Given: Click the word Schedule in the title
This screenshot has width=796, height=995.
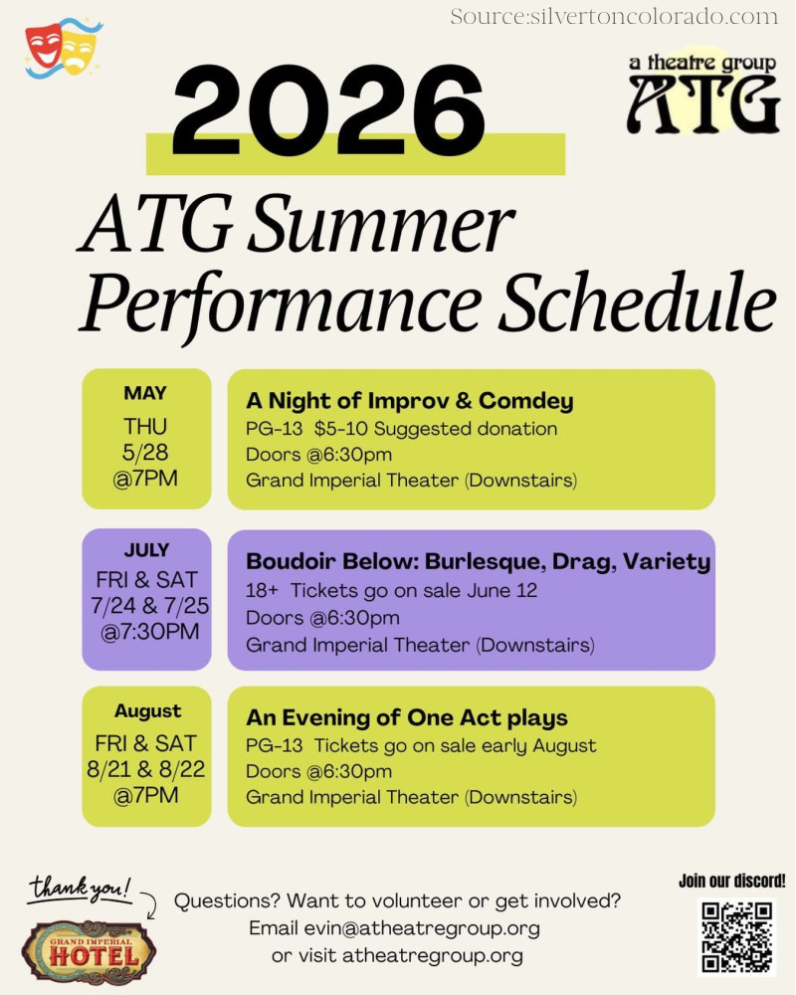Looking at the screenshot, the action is pyautogui.click(x=637, y=301).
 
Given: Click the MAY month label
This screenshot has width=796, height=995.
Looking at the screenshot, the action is pyautogui.click(x=145, y=393).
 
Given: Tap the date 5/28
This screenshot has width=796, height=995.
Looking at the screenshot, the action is pyautogui.click(x=145, y=452).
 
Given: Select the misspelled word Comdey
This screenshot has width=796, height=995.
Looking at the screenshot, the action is pyautogui.click(x=525, y=401).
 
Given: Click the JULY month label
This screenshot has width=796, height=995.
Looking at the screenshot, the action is pyautogui.click(x=146, y=549).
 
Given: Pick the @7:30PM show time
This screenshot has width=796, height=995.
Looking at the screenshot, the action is pyautogui.click(x=150, y=632).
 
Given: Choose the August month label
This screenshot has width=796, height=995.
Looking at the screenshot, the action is pyautogui.click(x=148, y=711).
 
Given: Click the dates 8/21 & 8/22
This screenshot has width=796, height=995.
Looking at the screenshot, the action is pyautogui.click(x=146, y=769).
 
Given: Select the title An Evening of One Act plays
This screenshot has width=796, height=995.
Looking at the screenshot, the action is pyautogui.click(x=406, y=717).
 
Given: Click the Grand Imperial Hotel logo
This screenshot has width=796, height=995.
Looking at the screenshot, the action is pyautogui.click(x=89, y=952).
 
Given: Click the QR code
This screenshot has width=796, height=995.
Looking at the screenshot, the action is pyautogui.click(x=736, y=937).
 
